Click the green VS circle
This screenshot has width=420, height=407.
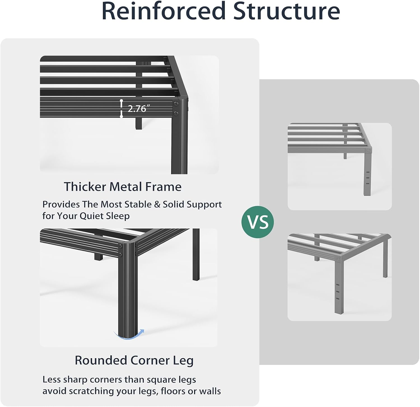pyautogui.click(x=258, y=222)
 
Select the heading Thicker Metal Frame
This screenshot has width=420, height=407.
pyautogui.click(x=123, y=187)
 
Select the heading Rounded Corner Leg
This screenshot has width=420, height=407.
pyautogui.click(x=134, y=360)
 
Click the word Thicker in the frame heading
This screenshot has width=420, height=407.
pyautogui.click(x=85, y=187)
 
